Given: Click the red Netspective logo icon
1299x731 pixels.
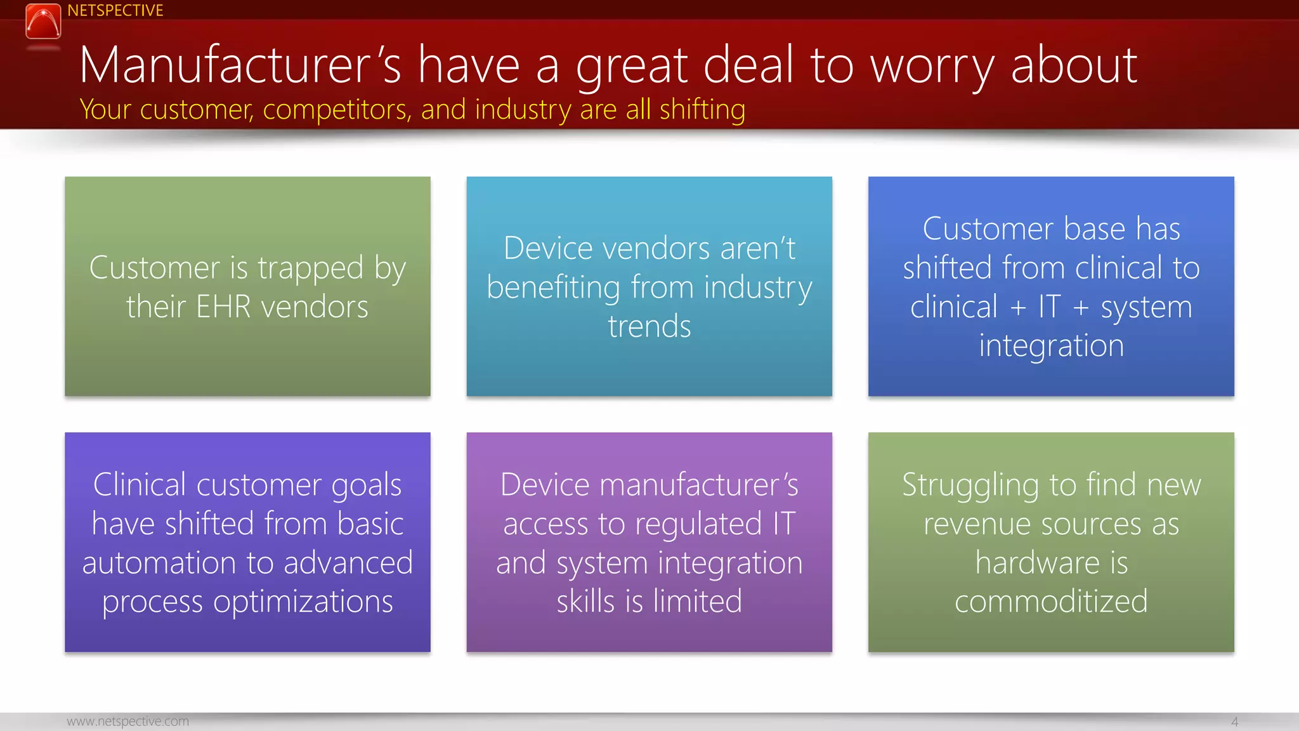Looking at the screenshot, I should click(43, 21).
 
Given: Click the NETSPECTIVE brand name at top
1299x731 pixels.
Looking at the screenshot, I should click(115, 11).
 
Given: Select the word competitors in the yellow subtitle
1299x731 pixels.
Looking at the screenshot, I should click(337, 110).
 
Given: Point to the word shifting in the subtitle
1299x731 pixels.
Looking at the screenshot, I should click(702, 110).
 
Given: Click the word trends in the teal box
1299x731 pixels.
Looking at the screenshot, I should click(649, 327).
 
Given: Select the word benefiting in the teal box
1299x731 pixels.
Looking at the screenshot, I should click(553, 288).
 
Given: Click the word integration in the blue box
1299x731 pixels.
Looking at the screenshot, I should click(1051, 346).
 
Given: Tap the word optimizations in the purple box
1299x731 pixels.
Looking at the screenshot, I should click(303, 602).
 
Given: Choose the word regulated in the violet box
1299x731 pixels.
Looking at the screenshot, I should click(698, 525).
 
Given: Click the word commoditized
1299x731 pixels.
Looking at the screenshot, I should click(1051, 602).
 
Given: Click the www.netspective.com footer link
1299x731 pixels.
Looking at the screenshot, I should click(127, 721).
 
